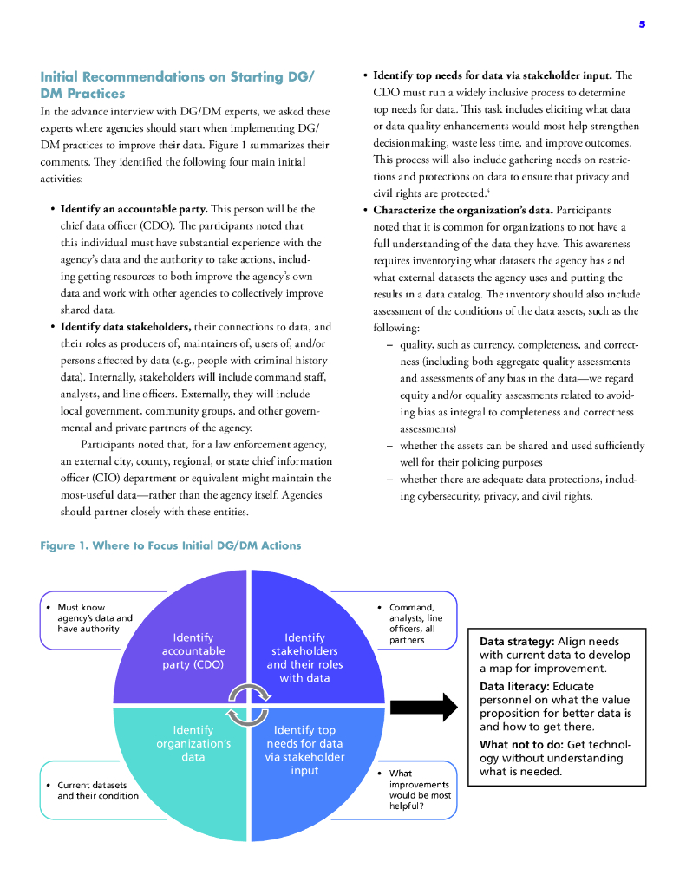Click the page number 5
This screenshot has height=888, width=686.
(642, 24)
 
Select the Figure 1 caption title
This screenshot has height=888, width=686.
(171, 545)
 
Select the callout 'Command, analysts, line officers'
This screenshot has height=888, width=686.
(415, 624)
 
